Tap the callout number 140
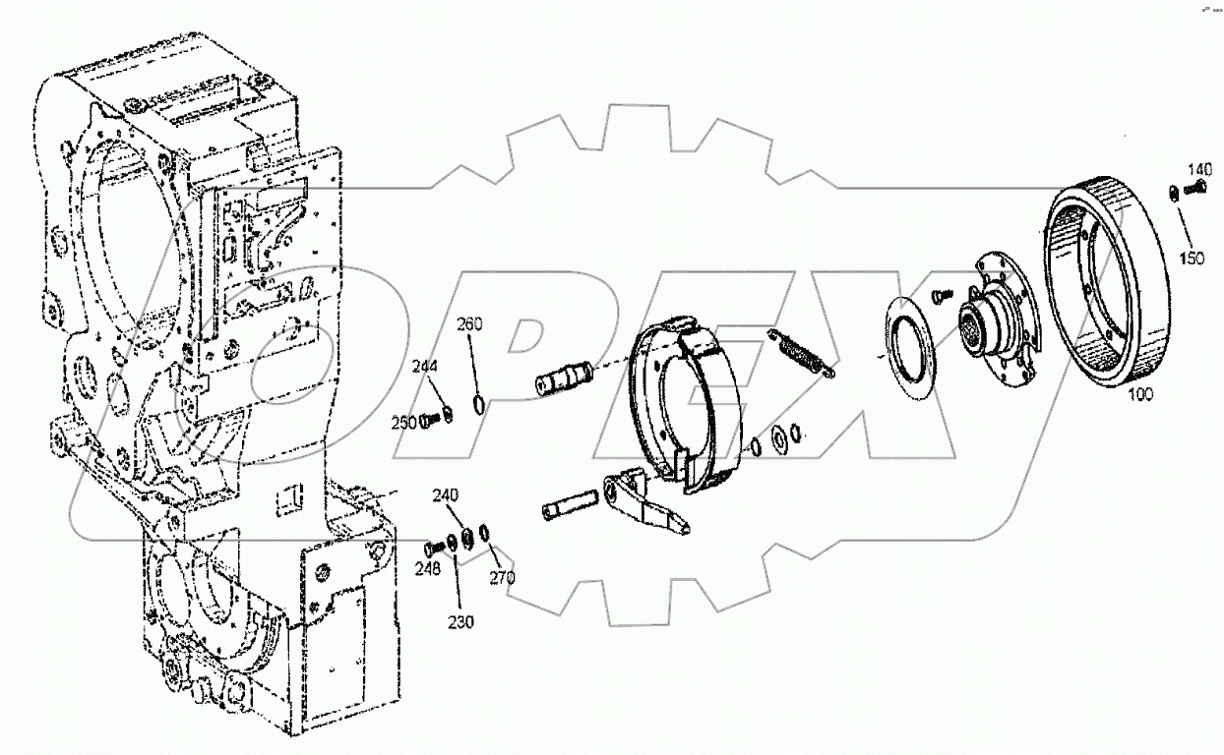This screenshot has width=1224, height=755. (x=1199, y=170)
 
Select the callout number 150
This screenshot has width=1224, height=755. (x=1193, y=258)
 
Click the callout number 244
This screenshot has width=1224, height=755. (x=424, y=367)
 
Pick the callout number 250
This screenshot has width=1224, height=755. (x=403, y=423)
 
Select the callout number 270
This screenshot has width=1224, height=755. (x=502, y=578)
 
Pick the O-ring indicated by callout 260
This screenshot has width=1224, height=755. (x=478, y=404)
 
